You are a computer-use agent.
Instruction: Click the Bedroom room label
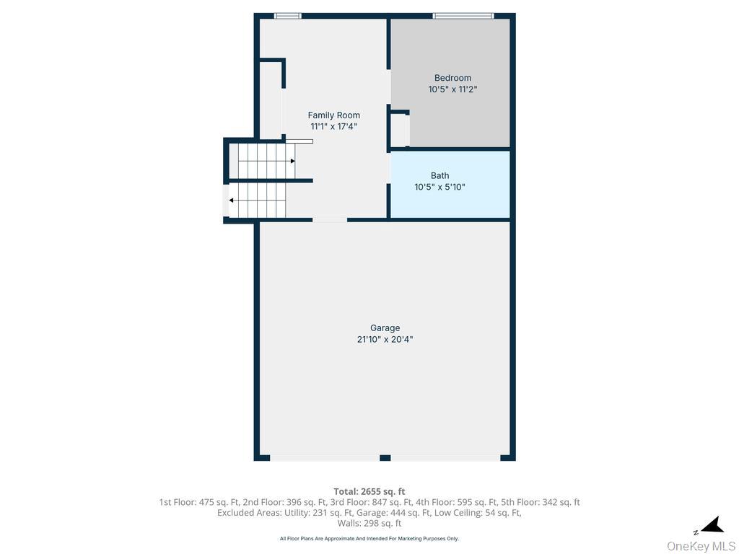(452, 78)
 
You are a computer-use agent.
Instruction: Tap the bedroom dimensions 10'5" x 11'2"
(452, 89)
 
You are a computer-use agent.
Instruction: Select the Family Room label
(333, 115)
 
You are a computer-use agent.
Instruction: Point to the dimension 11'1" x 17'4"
(333, 126)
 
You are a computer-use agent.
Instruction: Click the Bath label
(440, 175)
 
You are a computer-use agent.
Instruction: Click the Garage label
(385, 328)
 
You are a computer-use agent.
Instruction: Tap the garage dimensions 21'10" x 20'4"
(385, 339)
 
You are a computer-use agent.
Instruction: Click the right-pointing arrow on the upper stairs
(292, 161)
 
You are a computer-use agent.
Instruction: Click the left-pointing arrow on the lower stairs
(232, 201)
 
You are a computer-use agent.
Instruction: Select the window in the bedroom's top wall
(463, 16)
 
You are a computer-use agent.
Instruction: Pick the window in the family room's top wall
(287, 16)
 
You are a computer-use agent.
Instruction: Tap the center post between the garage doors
(385, 457)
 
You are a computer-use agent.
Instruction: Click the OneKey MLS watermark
(701, 546)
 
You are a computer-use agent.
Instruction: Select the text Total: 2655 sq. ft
(369, 492)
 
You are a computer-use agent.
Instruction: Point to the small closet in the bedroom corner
(399, 131)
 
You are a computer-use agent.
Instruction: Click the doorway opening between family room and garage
(329, 219)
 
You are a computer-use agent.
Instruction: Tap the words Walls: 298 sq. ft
(369, 524)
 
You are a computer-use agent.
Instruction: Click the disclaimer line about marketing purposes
(369, 539)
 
